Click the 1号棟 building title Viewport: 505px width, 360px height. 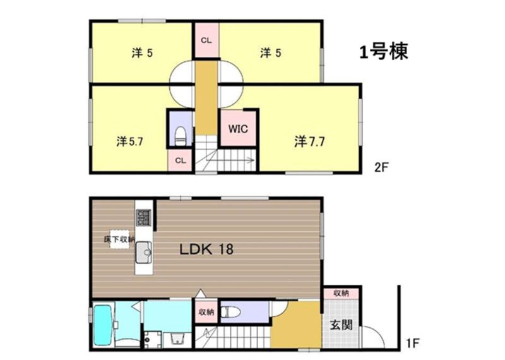[384, 52]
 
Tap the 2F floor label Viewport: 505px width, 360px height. [381, 167]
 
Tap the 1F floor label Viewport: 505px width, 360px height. [413, 343]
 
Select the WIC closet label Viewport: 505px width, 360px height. [238, 129]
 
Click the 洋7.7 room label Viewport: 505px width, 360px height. [309, 141]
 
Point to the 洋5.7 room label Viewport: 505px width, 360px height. [129, 141]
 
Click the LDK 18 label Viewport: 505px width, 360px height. [206, 249]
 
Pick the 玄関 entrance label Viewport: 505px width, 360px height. [341, 325]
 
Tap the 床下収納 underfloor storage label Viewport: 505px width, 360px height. [119, 239]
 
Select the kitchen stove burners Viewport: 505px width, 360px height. [144, 217]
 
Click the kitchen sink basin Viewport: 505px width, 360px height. [144, 253]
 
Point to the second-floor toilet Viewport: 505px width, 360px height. [181, 136]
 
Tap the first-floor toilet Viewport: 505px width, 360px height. [230, 311]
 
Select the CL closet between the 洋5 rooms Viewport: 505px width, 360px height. [206, 40]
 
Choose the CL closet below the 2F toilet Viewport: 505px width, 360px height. [181, 160]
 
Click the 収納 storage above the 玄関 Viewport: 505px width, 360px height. [341, 293]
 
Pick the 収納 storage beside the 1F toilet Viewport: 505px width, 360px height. [206, 312]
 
